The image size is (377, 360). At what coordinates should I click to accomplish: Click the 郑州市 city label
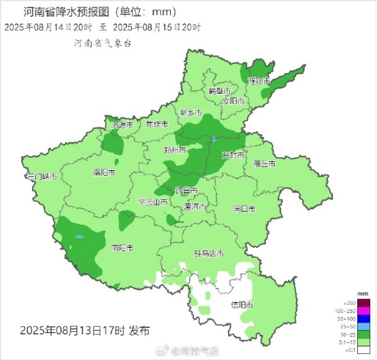click(x=175, y=150)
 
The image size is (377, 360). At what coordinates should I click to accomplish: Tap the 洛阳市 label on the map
click(x=103, y=173)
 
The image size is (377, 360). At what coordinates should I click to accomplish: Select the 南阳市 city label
click(x=122, y=247)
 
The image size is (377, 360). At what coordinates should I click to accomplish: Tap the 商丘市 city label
click(x=263, y=164)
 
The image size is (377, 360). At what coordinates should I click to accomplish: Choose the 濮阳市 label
click(x=259, y=80)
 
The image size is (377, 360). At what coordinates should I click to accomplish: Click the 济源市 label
click(x=122, y=125)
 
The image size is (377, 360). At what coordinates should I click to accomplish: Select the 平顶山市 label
click(x=152, y=202)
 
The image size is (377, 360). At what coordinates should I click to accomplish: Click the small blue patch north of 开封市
click(x=213, y=140)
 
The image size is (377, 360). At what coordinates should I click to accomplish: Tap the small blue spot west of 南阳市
click(x=79, y=237)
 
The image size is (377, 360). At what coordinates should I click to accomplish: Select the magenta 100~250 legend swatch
click(x=363, y=310)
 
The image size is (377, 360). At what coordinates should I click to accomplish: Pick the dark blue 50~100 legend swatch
click(x=363, y=318)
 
